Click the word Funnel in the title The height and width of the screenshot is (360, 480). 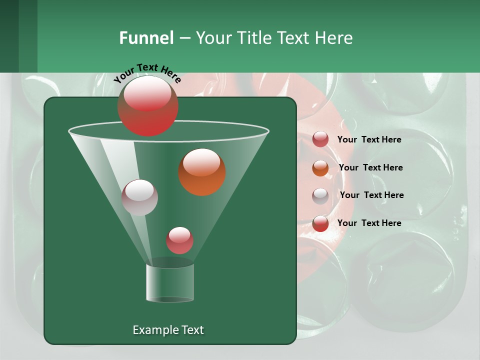click(146, 38)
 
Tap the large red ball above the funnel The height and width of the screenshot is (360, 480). click(147, 105)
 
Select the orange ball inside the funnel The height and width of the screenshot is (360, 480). click(202, 172)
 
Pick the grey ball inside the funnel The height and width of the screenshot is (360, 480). click(139, 197)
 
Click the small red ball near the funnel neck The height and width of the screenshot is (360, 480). click(179, 240)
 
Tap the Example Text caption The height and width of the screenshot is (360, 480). click(168, 330)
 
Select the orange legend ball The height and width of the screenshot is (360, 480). click(320, 168)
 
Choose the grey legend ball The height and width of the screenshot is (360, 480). click(320, 195)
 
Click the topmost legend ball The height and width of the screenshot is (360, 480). click(320, 139)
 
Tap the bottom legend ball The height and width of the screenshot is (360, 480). click(320, 223)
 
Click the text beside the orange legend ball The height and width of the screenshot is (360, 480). click(370, 167)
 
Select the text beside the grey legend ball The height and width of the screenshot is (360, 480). click(371, 195)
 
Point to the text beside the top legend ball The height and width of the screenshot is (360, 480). click(369, 139)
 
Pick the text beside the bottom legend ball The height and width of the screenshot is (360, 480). click(369, 223)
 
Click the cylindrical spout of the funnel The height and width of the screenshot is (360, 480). click(170, 282)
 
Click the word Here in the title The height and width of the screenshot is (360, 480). click(334, 38)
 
